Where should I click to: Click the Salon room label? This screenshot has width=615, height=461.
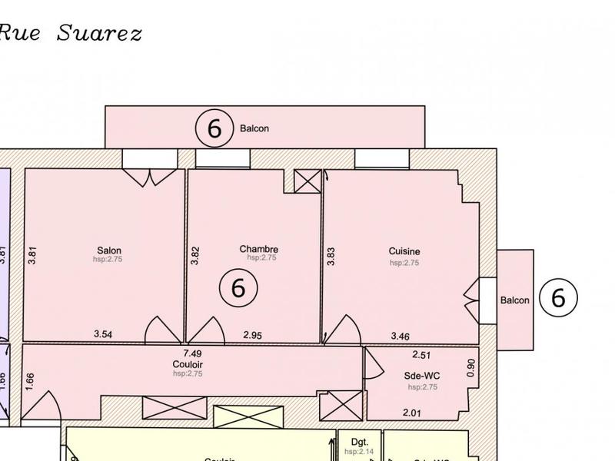pyautogui.click(x=109, y=250)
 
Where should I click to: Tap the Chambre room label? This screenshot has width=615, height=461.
pyautogui.click(x=258, y=249)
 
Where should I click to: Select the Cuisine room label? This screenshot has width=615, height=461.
pyautogui.click(x=404, y=251)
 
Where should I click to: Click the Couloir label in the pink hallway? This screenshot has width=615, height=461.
pyautogui.click(x=188, y=364)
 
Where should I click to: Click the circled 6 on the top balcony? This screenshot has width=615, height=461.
pyautogui.click(x=214, y=129)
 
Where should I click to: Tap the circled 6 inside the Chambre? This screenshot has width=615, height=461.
pyautogui.click(x=238, y=288)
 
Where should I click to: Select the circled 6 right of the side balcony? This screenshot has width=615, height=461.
pyautogui.click(x=558, y=297)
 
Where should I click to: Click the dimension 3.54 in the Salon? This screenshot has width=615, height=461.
pyautogui.click(x=104, y=334)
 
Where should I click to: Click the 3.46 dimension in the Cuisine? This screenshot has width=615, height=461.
pyautogui.click(x=401, y=336)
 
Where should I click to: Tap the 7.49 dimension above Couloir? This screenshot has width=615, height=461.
pyautogui.click(x=191, y=353)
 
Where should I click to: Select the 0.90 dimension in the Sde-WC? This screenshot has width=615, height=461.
pyautogui.click(x=472, y=367)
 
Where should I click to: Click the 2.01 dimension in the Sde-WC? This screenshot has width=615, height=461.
pyautogui.click(x=412, y=413)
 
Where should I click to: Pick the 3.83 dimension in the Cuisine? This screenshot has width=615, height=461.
pyautogui.click(x=331, y=256)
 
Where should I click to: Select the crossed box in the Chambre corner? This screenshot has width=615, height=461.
pyautogui.click(x=307, y=181)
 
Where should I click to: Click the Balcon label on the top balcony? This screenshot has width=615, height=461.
pyautogui.click(x=254, y=129)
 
